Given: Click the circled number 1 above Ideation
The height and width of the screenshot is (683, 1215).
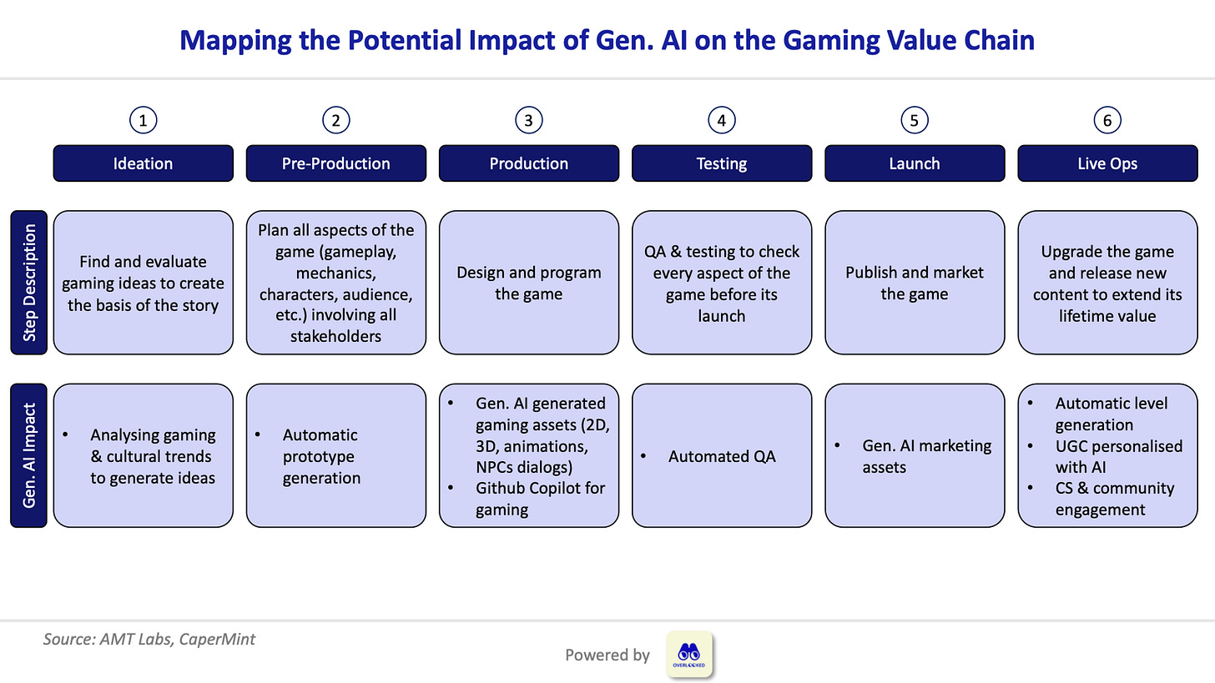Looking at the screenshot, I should coord(144,120).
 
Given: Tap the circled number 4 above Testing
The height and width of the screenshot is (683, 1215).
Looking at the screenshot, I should coord(721,120).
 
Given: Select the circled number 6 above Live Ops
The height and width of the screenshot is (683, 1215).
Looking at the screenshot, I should coord(1107,120).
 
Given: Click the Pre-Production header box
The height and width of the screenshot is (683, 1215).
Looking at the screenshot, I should coord(335,163).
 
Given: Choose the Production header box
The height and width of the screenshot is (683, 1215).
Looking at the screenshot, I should coord(528,163).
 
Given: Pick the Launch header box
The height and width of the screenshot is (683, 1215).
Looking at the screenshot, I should coord(914,163).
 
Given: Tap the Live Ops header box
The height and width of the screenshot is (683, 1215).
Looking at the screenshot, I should coord(1107,163).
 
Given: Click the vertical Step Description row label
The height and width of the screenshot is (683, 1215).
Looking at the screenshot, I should coord(29,282).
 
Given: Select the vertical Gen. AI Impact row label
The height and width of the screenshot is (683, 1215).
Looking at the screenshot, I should coord(29,455).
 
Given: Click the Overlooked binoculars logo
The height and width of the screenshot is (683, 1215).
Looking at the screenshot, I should coord(689,654).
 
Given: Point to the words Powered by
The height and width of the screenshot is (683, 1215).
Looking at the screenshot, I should coord(607,655).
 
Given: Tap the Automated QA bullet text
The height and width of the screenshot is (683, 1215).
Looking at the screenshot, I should coord(721,456).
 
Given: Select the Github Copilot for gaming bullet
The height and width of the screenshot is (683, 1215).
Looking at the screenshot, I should coord(539,499).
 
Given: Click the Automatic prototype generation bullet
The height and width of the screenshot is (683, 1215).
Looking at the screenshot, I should coord(320,456).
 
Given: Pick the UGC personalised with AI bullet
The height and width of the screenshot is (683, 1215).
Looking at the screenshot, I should coord(1117,456).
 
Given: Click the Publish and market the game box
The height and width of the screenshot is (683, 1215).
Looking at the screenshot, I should coord(914,283).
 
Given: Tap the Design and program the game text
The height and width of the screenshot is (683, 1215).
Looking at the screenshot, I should coord(528,283).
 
